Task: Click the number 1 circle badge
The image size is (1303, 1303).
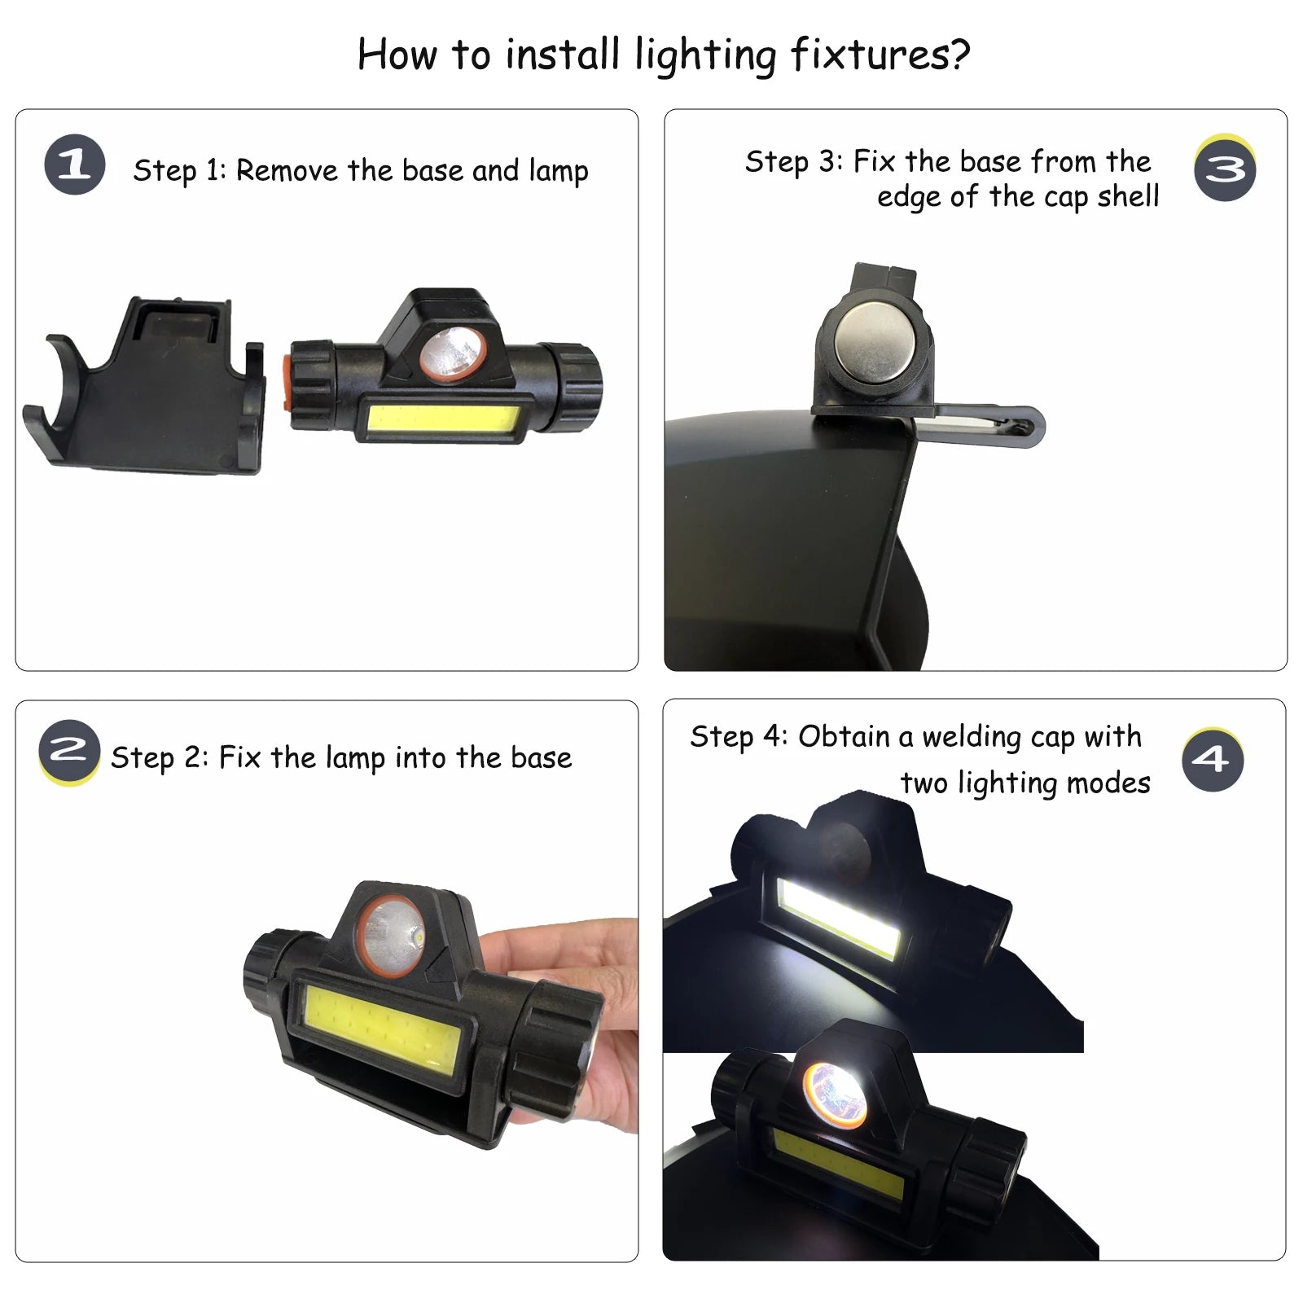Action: pyautogui.click(x=74, y=165)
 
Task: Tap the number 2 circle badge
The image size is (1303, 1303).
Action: pyautogui.click(x=68, y=750)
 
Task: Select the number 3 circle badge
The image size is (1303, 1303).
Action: pyautogui.click(x=1225, y=169)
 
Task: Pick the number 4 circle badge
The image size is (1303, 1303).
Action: pyautogui.click(x=1213, y=760)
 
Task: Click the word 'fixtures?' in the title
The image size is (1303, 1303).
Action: pyautogui.click(x=880, y=55)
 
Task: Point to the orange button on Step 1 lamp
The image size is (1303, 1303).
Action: pyautogui.click(x=287, y=384)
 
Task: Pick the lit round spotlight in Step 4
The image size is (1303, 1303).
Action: pyautogui.click(x=835, y=1093)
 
